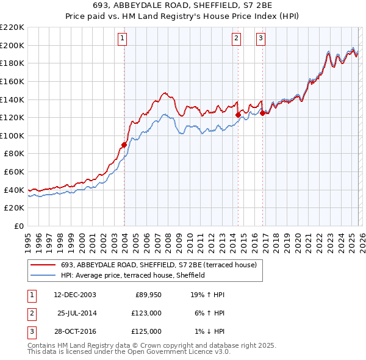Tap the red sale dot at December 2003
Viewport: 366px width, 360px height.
click(124, 145)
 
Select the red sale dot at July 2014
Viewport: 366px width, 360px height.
click(238, 115)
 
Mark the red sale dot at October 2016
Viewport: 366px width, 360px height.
click(262, 113)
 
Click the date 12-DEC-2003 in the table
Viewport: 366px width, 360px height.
click(75, 295)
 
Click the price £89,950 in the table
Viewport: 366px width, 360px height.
click(148, 295)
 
